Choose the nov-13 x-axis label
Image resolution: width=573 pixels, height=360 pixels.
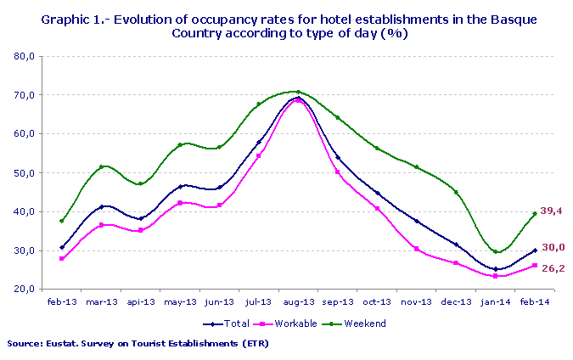click(417, 301)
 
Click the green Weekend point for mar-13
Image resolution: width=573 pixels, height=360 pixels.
click(101, 167)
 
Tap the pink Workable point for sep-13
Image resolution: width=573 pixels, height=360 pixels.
click(338, 172)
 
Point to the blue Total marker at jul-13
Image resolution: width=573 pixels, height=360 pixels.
click(259, 142)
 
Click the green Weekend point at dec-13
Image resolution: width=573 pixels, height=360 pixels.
click(456, 192)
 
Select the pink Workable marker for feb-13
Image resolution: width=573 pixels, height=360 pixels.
click(61, 258)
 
